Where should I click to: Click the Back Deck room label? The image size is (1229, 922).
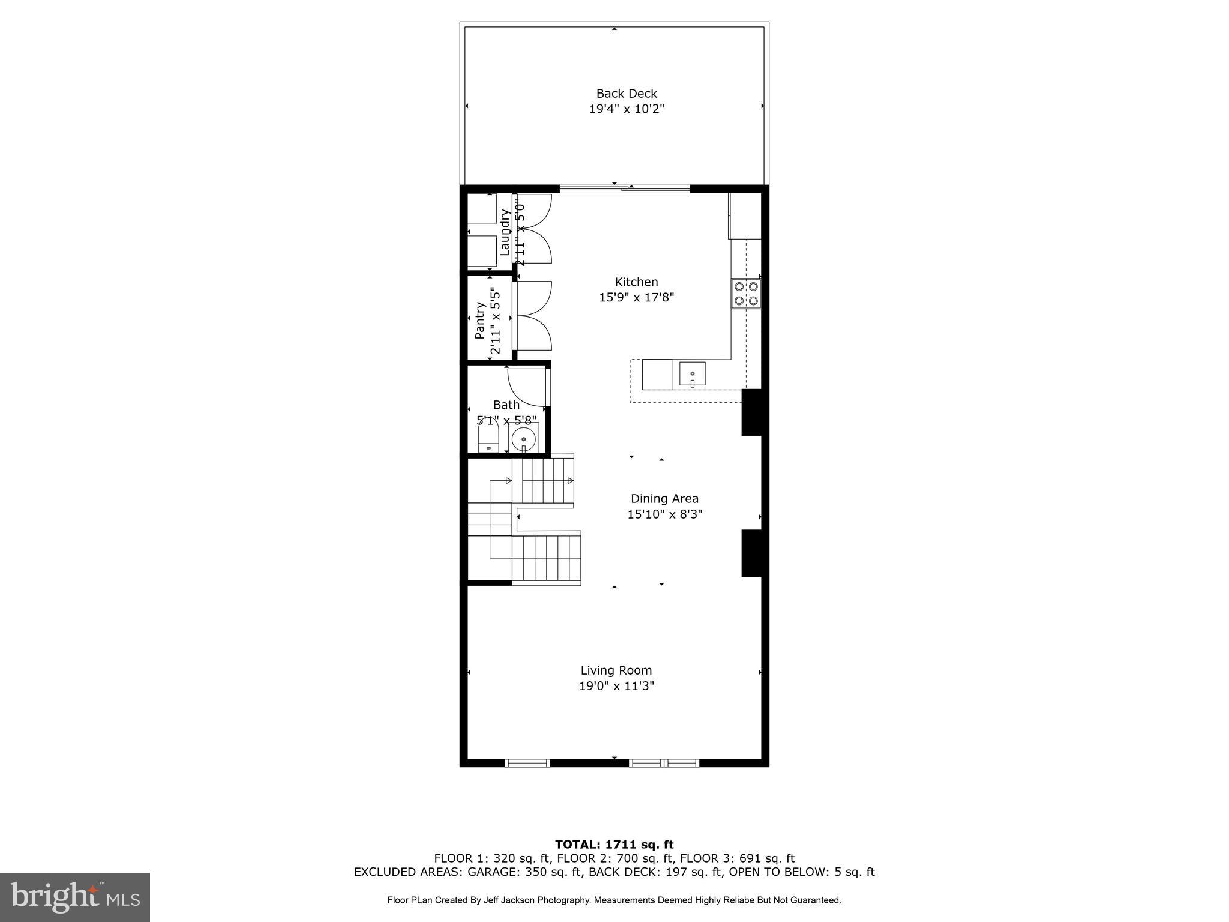coord(627,94)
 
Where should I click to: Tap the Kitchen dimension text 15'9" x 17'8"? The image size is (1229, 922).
coord(636,297)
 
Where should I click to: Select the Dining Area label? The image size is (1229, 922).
coord(664,498)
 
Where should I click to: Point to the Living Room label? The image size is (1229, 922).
coord(616,670)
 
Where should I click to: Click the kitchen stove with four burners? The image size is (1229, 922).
coord(746,294)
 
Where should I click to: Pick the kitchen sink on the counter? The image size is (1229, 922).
coord(692,374)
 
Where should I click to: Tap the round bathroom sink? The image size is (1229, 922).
coord(524,439)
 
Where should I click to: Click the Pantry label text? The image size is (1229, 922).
coord(480,321)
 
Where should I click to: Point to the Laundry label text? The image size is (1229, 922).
coord(505,233)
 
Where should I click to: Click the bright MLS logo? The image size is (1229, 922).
coord(75,897)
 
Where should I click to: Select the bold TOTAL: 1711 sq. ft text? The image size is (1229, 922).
coord(614,845)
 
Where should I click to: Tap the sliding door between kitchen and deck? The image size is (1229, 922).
coord(625,188)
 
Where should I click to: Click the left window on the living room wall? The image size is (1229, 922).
coord(527,763)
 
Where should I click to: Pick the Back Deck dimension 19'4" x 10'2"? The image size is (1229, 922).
coord(627,109)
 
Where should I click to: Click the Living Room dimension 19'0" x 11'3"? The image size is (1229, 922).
coord(616,686)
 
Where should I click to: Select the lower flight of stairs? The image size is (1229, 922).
coord(547,558)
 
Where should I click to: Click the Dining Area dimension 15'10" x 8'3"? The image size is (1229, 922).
coord(664,514)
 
